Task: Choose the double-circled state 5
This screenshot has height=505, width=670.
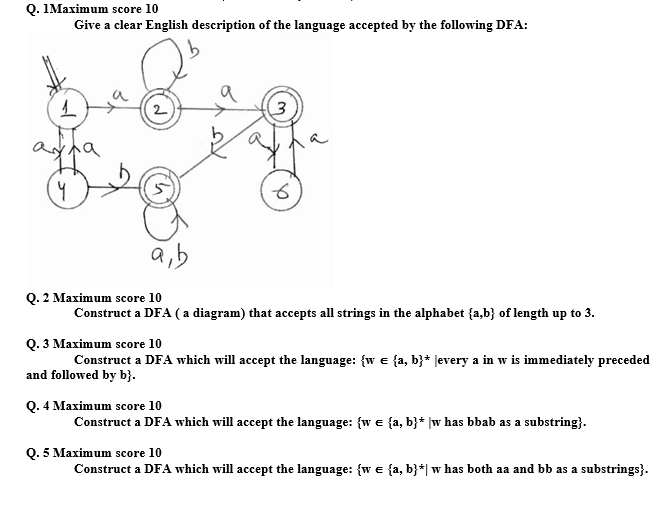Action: coord(160,190)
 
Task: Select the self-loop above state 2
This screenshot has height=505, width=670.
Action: coord(171,68)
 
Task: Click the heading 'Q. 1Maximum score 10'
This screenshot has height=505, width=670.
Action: coord(67,7)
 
